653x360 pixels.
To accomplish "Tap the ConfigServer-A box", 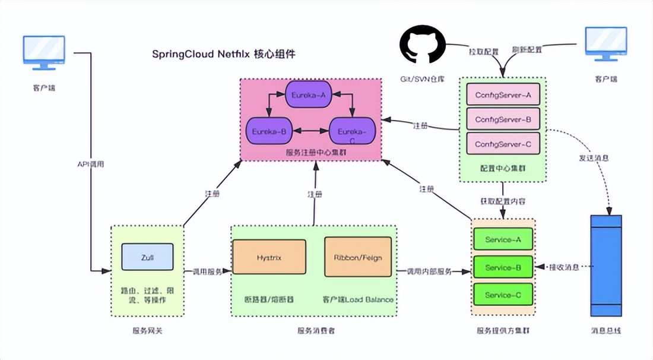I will (x=503, y=94).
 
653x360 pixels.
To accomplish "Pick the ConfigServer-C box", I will (x=503, y=144).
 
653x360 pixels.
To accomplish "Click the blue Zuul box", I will (x=147, y=257).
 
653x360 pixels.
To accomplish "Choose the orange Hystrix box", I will (x=269, y=258).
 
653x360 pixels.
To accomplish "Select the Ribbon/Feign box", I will (x=358, y=258).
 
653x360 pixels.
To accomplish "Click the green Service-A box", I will (x=503, y=239).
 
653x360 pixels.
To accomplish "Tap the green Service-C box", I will (x=503, y=295).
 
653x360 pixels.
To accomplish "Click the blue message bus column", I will (x=606, y=266).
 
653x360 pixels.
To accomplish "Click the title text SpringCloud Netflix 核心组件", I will (x=224, y=54).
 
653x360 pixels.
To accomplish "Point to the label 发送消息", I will (x=594, y=159).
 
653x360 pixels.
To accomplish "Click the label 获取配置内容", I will (x=503, y=201).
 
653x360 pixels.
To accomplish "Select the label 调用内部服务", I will (x=429, y=271).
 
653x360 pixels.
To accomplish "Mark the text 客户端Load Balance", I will (x=358, y=299).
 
